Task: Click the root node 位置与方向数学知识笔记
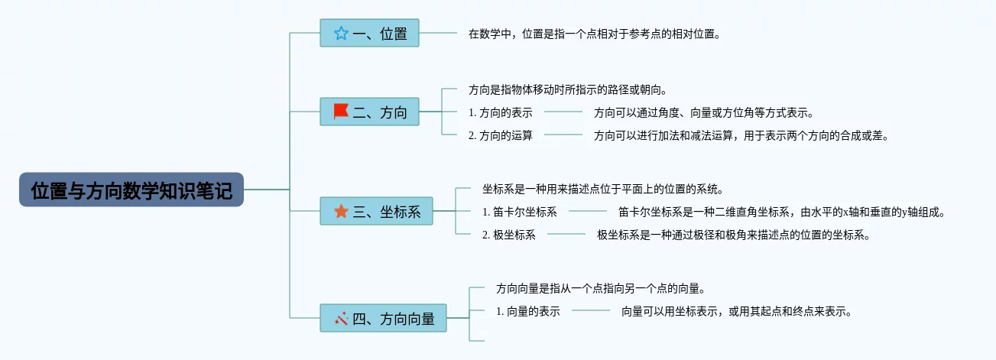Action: (x=131, y=190)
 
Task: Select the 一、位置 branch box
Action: (x=369, y=33)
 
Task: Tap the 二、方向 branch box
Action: (x=369, y=112)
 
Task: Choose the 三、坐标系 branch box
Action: (x=376, y=211)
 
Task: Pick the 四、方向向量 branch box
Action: (x=383, y=318)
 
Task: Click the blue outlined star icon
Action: (x=341, y=33)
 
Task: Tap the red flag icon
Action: (x=341, y=112)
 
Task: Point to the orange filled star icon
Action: (x=341, y=211)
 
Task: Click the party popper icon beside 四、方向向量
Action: (x=341, y=318)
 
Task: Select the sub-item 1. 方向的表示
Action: (x=500, y=112)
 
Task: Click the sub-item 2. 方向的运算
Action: (x=500, y=135)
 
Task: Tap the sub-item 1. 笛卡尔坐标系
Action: (x=520, y=212)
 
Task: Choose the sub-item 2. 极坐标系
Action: (x=508, y=235)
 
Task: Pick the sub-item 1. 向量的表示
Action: (x=527, y=311)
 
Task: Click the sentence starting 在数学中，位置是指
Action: (x=595, y=34)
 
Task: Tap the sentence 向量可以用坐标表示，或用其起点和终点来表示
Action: (x=736, y=311)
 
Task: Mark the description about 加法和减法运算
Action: (x=741, y=135)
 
